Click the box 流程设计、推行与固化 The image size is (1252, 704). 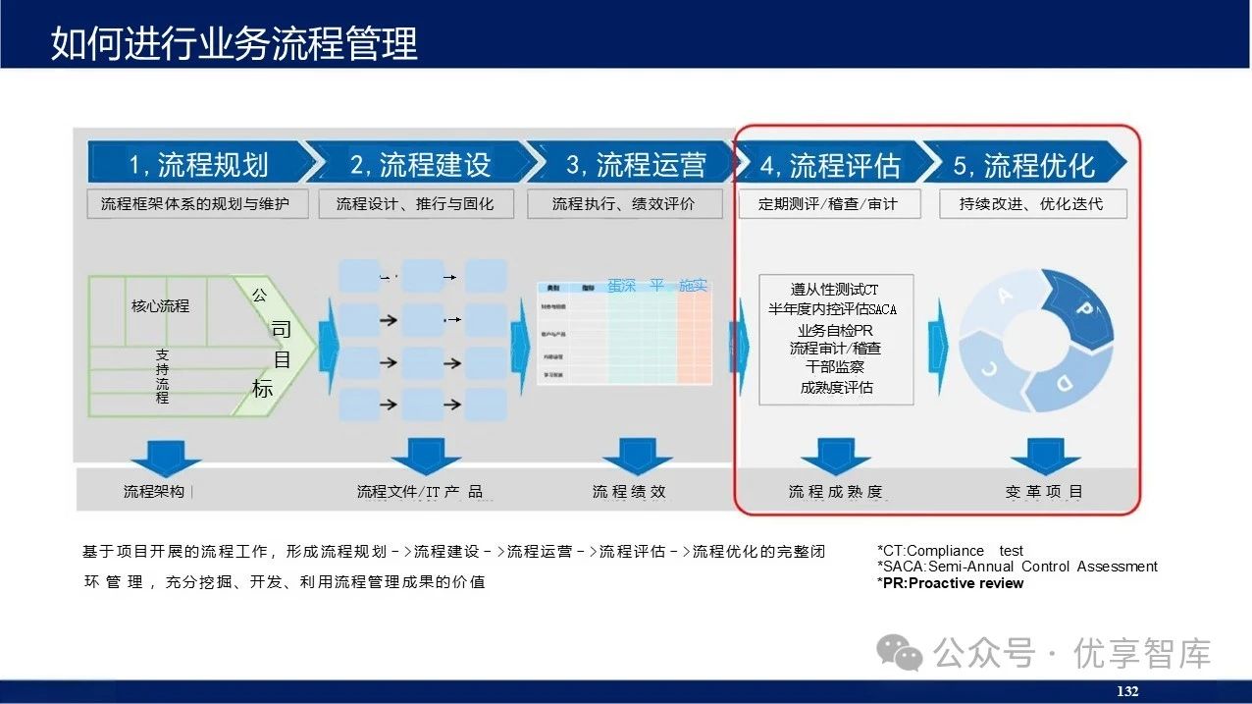coord(415,204)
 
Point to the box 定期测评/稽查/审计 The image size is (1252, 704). coord(827,204)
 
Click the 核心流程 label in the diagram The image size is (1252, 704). coord(160,306)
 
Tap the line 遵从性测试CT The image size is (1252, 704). coord(835,290)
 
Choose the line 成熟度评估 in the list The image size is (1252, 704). coord(836,387)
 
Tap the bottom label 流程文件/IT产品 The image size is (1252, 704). coord(420,492)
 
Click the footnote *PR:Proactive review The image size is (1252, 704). coord(950,583)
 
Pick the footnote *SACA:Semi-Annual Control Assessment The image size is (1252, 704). coord(1017,567)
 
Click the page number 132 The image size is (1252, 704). coord(1127,691)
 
